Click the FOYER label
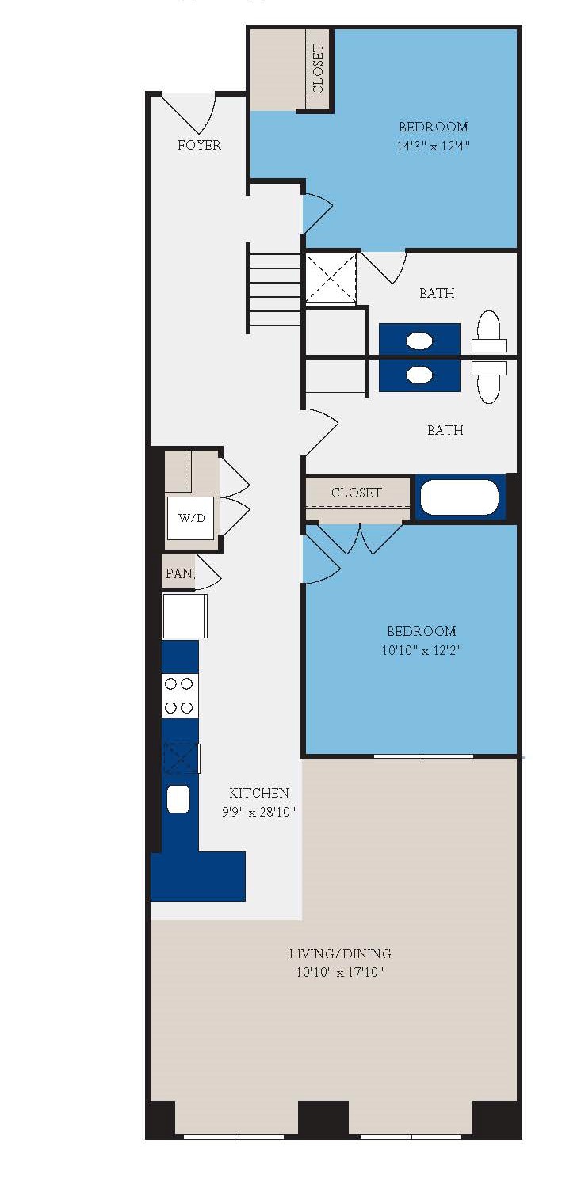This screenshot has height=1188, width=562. point(199,145)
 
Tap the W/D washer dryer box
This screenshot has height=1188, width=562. point(190,518)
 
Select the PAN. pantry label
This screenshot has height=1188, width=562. point(179,573)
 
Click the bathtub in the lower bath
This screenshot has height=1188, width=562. point(459,497)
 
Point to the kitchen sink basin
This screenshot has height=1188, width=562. point(179,798)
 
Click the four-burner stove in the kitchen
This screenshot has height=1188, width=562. point(179,695)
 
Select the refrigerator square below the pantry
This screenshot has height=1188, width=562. point(184,615)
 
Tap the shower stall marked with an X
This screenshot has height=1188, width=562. point(331,277)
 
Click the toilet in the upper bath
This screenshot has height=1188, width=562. point(489,333)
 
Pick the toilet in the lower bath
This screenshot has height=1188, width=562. point(489,380)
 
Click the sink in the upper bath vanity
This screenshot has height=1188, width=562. point(419,341)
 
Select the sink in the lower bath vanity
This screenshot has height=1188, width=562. point(419,374)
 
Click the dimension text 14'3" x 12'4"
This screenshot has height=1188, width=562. point(434,146)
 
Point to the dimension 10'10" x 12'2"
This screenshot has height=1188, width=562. point(422,650)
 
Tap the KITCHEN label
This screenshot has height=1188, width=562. point(258,792)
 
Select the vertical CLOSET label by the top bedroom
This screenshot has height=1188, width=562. point(319,70)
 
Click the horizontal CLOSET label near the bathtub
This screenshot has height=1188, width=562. point(357,493)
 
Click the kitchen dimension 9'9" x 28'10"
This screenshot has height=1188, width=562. point(258,812)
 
